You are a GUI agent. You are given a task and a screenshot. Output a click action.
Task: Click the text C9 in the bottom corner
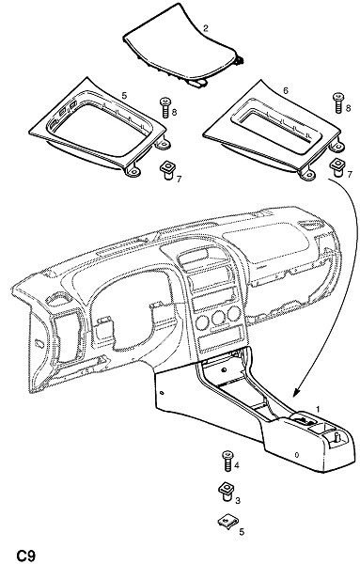tap(25, 555)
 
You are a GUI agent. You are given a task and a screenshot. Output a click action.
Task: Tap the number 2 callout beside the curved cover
tap(205, 27)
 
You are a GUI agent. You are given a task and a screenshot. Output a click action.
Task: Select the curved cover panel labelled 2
tap(183, 48)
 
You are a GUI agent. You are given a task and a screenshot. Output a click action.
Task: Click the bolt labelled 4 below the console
tap(227, 462)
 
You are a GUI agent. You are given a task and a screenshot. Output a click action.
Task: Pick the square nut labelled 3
tap(227, 492)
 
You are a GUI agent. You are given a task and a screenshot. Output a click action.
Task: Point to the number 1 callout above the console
tap(318, 409)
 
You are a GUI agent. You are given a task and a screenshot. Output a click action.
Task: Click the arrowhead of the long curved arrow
tap(298, 391)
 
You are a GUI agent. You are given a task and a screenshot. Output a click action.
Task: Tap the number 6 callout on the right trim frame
tap(285, 90)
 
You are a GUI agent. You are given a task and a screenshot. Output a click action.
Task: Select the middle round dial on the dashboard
tap(218, 318)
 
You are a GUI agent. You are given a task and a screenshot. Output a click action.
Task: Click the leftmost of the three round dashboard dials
tap(202, 322)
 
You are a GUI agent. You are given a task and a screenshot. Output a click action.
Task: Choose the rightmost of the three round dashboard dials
tap(233, 314)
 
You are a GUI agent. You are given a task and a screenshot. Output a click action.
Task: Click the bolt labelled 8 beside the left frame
tap(164, 108)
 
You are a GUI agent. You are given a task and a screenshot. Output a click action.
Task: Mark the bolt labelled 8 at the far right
tap(338, 102)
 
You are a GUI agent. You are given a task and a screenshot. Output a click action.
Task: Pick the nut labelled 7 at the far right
tap(338, 166)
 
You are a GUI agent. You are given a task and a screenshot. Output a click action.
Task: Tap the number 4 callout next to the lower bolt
tap(236, 465)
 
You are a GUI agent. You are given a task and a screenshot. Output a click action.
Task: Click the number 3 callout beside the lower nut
tap(238, 501)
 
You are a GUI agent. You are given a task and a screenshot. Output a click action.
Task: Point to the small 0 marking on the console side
tap(297, 455)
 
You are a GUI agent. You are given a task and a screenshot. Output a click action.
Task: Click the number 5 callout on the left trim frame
tap(124, 95)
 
